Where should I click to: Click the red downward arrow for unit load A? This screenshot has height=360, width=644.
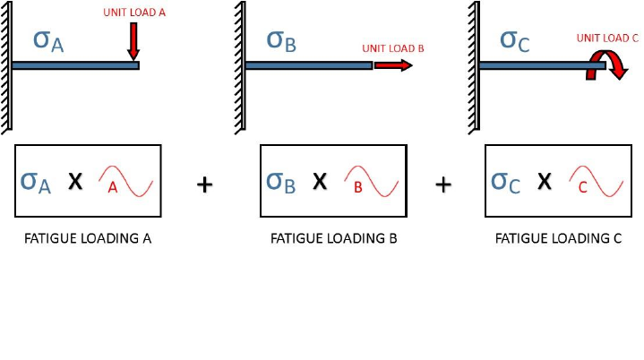tap(133, 40)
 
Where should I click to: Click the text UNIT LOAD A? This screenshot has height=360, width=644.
tap(129, 13)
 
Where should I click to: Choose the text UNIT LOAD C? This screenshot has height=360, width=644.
tap(607, 38)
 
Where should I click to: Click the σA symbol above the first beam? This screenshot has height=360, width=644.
tap(47, 40)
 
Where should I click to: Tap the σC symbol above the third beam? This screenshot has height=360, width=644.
tap(514, 40)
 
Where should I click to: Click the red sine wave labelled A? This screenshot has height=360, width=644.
tap(125, 181)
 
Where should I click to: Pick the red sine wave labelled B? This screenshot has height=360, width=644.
tap(371, 181)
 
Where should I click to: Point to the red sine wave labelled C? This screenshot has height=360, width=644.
tap(596, 181)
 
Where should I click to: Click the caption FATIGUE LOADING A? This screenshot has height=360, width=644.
tap(87, 239)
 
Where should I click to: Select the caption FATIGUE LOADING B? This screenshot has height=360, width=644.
tap(333, 239)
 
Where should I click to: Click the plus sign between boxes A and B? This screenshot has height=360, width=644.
tap(204, 184)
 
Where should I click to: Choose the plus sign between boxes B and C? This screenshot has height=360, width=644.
tap(442, 184)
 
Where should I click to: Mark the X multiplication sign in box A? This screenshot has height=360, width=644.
tap(75, 182)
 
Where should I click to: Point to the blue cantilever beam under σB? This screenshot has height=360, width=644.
tap(308, 65)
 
